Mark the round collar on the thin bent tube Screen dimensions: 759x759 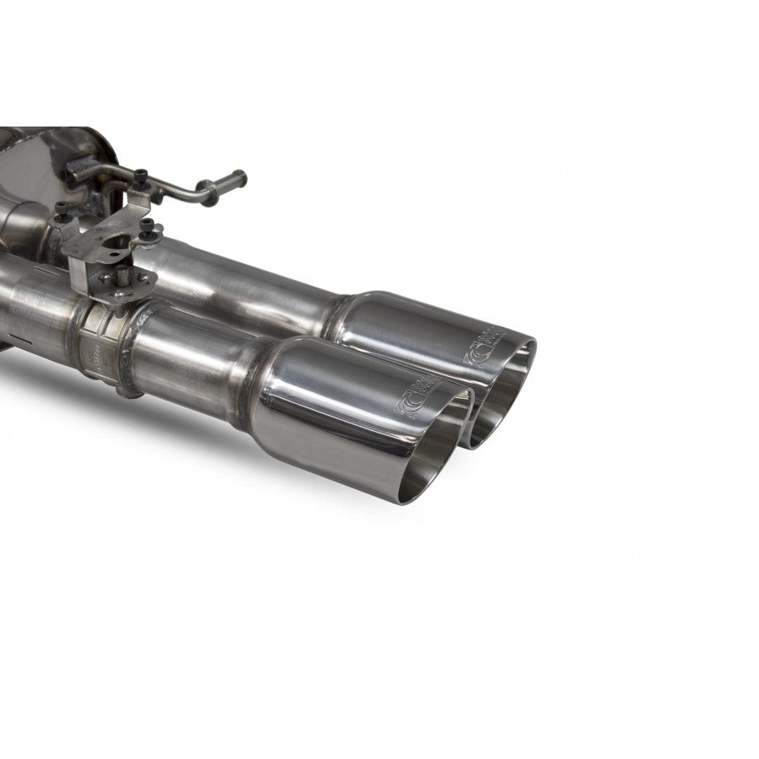[203, 185]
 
